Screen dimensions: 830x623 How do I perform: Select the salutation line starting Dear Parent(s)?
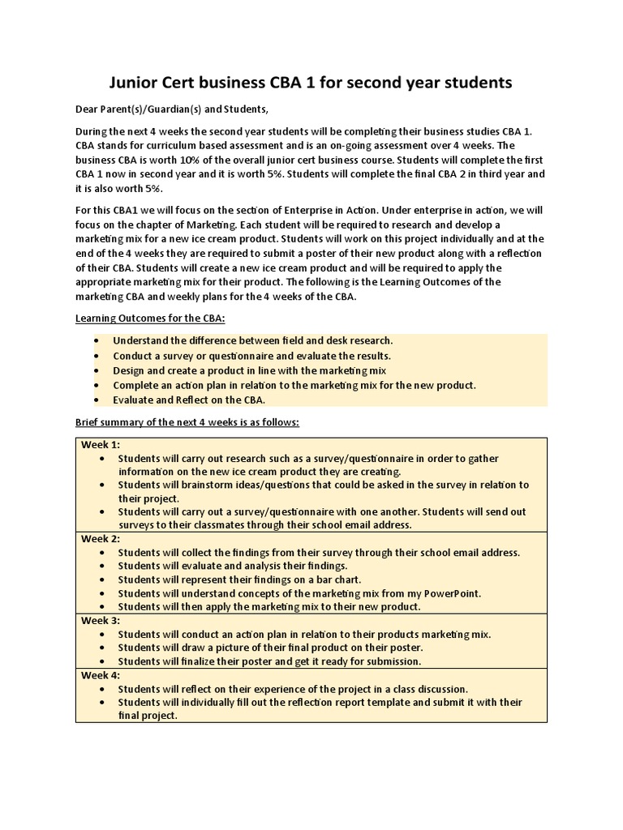pyautogui.click(x=171, y=109)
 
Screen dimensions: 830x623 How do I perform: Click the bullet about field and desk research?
pyautogui.click(x=252, y=341)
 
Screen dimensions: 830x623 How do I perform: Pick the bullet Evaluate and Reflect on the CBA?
pyautogui.click(x=189, y=400)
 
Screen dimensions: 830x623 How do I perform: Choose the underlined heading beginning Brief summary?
pyautogui.click(x=187, y=422)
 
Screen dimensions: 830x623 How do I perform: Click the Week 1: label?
pyautogui.click(x=100, y=444)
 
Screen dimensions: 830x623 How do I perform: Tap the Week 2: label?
pyautogui.click(x=100, y=538)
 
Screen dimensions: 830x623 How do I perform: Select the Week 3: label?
pyautogui.click(x=100, y=620)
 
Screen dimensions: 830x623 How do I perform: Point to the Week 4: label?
pyautogui.click(x=100, y=674)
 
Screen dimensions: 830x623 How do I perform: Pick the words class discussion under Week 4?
pyautogui.click(x=423, y=689)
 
